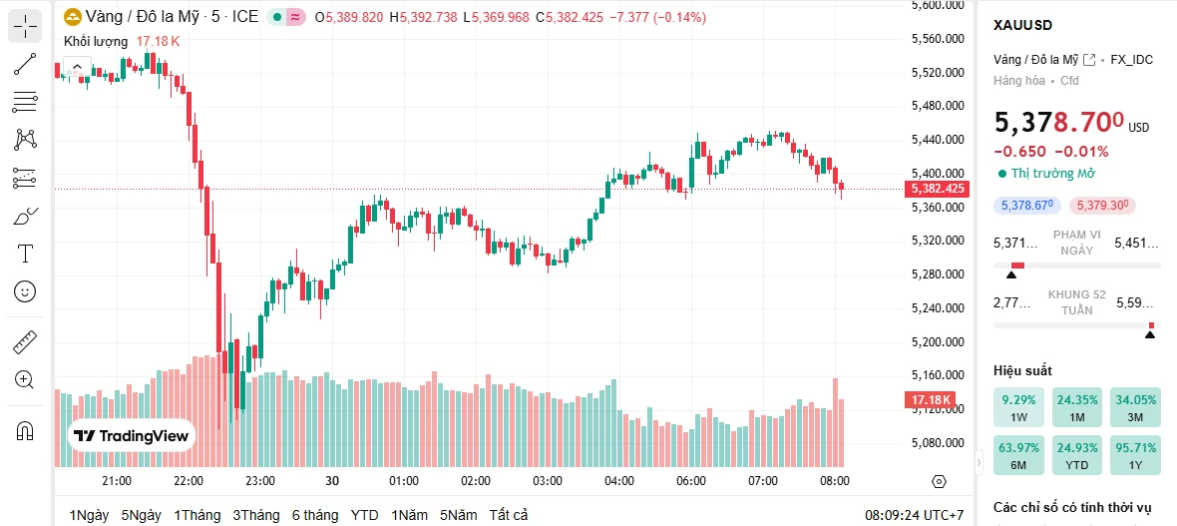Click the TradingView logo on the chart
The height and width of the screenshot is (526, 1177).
tap(131, 436)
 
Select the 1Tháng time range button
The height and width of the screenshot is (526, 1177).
tap(196, 515)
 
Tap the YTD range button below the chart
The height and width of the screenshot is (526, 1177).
tap(364, 515)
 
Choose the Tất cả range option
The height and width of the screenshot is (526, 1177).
tap(508, 515)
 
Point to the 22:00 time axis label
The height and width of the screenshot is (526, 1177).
tap(189, 480)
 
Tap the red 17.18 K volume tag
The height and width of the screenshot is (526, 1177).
tap(929, 400)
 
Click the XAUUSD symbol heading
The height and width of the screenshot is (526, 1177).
tap(1022, 25)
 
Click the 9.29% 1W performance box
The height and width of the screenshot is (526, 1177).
tap(1018, 407)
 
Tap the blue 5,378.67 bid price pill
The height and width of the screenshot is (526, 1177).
tap(1025, 206)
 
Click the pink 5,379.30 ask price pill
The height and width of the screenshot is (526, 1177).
tap(1100, 206)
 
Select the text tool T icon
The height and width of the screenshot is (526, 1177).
tap(25, 253)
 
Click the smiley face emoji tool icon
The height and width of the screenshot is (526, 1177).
tap(25, 291)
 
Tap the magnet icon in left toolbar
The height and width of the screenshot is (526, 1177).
tap(25, 431)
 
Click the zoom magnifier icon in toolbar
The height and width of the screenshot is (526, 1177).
tap(25, 379)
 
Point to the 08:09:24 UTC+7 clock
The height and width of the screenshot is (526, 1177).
tap(914, 515)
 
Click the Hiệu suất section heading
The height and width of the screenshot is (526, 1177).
tap(1022, 370)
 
